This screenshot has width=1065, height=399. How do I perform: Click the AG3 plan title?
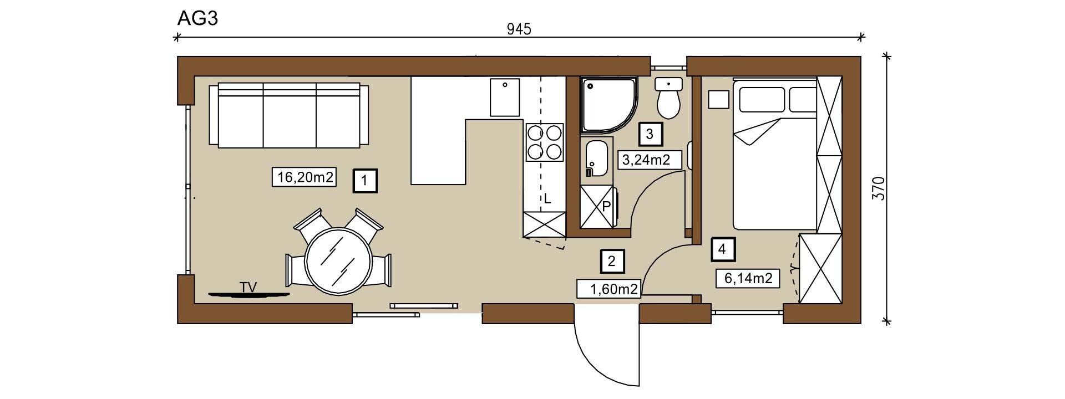pos(197,18)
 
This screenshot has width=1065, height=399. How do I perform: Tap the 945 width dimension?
pos(519,29)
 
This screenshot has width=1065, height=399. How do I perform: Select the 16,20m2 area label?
pos(305,177)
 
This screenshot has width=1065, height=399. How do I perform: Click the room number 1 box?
pos(365,181)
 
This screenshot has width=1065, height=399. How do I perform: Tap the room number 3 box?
pos(650,134)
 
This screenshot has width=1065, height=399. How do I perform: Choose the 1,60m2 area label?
pos(609,289)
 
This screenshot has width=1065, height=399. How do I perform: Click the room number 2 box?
pos(612,261)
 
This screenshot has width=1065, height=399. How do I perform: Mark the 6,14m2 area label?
pos(748,278)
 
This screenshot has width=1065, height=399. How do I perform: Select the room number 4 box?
pos(722,249)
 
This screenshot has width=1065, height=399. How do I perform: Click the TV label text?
pos(248,287)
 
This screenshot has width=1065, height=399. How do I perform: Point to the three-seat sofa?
pos(289,115)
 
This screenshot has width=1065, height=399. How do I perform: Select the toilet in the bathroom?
pos(668,98)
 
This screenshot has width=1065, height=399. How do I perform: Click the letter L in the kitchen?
pos(547,199)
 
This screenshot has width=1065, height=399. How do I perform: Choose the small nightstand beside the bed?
pos(719,99)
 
